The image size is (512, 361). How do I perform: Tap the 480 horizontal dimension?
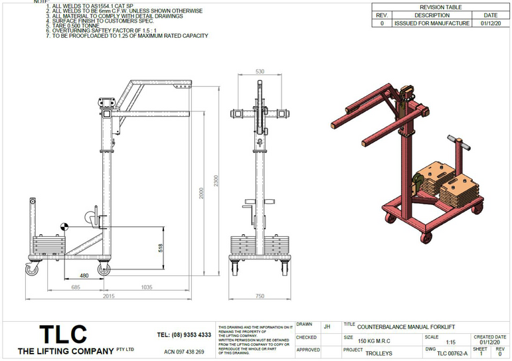[x=84, y=274]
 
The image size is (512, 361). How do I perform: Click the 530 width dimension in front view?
[x=260, y=71]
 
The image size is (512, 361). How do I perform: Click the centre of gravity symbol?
[x=64, y=226]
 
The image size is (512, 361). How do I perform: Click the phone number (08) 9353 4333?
[x=184, y=334]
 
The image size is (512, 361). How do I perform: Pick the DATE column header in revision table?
[x=490, y=15]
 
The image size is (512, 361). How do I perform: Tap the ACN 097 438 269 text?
[x=184, y=351]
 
